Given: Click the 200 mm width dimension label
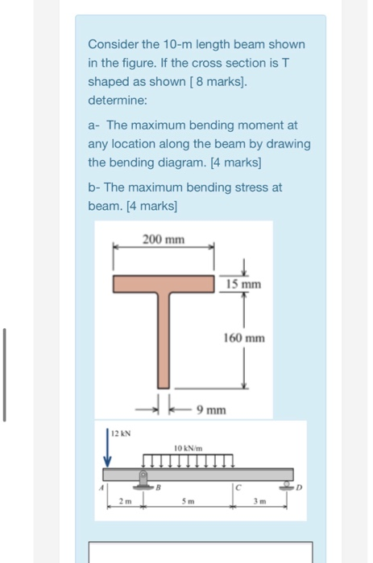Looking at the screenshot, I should [x=164, y=239].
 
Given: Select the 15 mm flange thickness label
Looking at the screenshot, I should [x=242, y=284].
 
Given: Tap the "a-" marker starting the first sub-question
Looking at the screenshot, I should [x=94, y=125].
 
